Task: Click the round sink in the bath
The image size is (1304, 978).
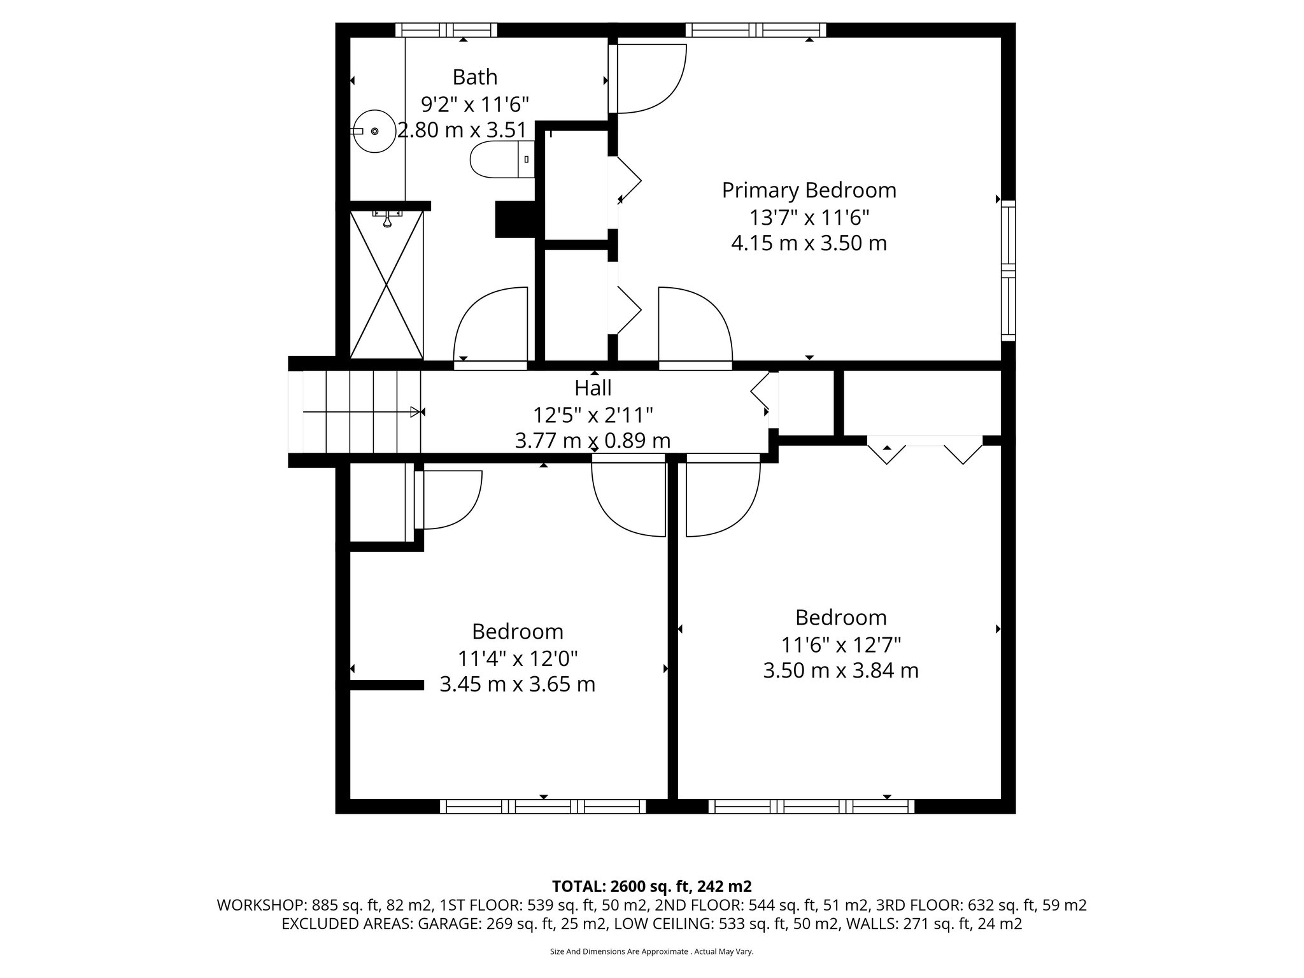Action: pos(374,131)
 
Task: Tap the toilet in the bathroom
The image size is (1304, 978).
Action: pos(500,159)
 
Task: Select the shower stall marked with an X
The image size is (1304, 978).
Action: pos(386,285)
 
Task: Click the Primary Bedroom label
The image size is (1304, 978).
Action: pos(809,190)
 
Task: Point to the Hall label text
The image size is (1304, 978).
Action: pos(593,388)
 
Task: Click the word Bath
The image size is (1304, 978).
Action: pos(474,77)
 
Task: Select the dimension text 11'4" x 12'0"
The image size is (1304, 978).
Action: pos(518,658)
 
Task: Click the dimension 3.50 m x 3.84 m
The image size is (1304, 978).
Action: pos(840,670)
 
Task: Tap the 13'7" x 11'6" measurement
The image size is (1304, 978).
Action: pos(809,218)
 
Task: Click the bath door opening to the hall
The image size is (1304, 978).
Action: pos(490,326)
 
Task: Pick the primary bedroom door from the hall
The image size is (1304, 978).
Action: pos(695,326)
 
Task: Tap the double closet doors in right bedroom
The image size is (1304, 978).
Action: pos(925,449)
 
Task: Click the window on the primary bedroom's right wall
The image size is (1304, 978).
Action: pos(1007,271)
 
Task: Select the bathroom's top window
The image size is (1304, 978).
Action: pos(446,30)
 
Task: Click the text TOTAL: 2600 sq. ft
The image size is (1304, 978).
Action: pos(651,886)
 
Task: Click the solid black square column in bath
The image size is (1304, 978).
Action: pos(515,219)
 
